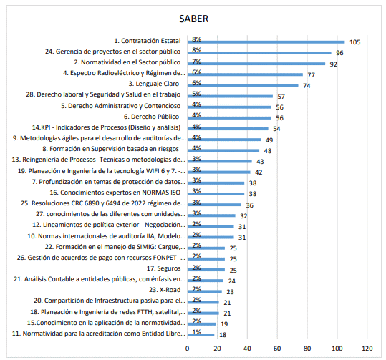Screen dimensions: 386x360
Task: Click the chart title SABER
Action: pos(194,19)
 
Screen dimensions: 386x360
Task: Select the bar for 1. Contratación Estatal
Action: pos(266,42)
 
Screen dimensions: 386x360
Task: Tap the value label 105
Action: pos(354,42)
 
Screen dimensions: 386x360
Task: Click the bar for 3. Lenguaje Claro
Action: pos(243,85)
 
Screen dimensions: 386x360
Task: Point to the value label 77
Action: pos(311,75)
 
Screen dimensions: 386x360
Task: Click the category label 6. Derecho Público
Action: pos(151,117)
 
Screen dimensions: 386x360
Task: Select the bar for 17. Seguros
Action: pos(206,270)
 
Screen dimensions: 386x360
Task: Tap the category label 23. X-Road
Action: pos(165,290)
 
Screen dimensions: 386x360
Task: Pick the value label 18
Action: pos(223,335)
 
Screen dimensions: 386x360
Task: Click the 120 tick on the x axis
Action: pos(367,348)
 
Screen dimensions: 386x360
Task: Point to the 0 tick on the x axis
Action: pos(188,348)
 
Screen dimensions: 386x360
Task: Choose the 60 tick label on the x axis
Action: pos(277,348)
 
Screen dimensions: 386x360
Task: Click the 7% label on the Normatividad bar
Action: pos(196,62)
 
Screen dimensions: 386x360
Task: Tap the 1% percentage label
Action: pos(196,332)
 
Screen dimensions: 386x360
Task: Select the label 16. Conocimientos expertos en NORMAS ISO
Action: pos(115,193)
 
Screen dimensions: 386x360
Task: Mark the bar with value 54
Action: pos(228,129)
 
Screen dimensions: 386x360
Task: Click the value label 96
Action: pos(339,53)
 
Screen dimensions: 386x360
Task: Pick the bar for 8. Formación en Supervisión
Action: pos(223,150)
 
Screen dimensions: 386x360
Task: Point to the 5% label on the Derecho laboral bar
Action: pos(196,94)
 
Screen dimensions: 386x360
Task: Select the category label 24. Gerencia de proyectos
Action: pos(112,52)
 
